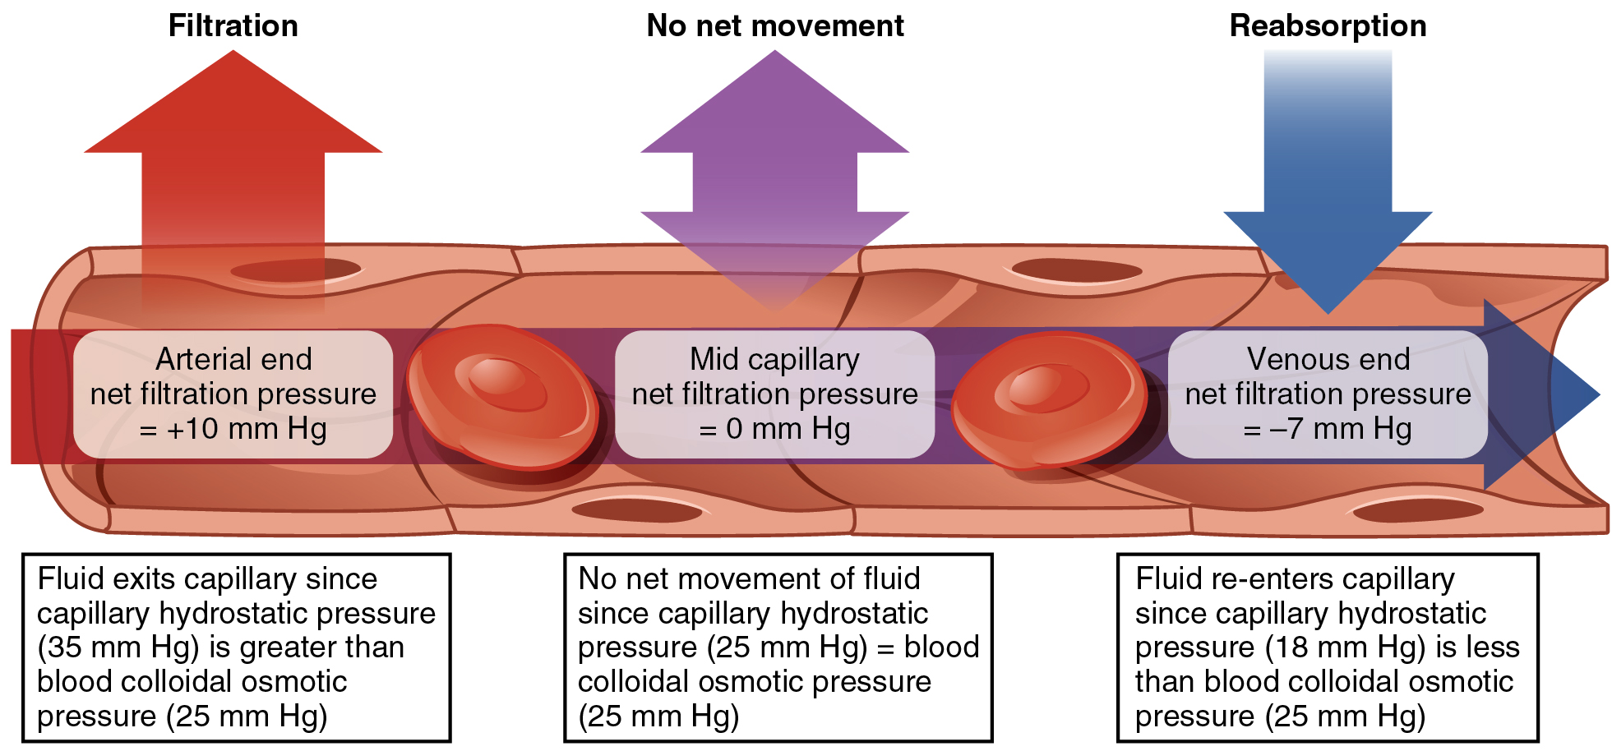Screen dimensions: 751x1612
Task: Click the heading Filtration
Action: click(233, 25)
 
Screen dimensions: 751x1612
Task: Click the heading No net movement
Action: click(774, 25)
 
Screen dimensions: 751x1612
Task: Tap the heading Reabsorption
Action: click(1327, 25)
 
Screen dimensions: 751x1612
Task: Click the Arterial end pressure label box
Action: click(233, 394)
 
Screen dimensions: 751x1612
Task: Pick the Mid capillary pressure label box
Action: click(774, 394)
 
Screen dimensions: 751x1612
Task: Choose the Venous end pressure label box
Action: click(1327, 394)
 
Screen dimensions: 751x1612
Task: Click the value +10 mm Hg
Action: click(246, 429)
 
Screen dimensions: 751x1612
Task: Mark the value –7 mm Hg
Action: click(1340, 429)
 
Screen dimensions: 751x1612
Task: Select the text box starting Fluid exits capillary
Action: click(236, 647)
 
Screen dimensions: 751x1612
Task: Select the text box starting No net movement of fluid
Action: click(778, 647)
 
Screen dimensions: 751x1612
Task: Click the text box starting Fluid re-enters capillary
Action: click(1327, 647)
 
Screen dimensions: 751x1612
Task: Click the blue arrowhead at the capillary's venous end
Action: click(1545, 394)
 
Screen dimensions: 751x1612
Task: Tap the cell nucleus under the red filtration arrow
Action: click(296, 270)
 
